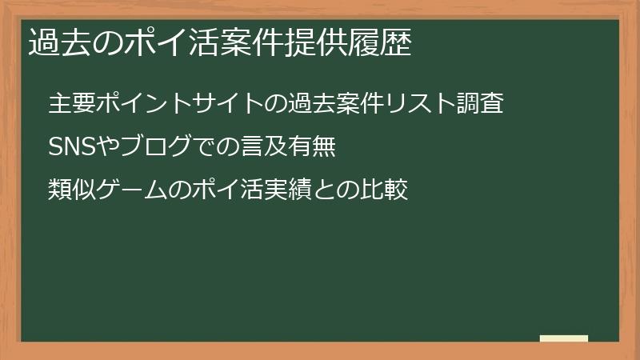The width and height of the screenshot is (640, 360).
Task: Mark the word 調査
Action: pos(481,104)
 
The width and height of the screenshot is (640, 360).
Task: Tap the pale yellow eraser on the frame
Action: pos(564,339)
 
